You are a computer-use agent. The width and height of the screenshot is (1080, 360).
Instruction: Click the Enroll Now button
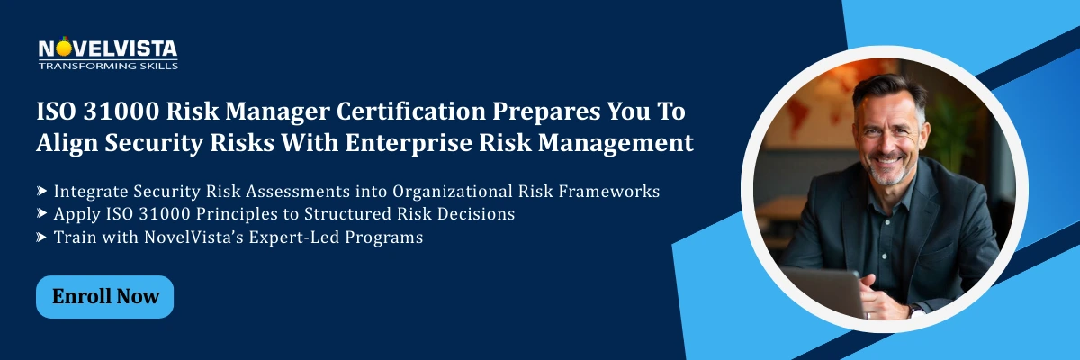[x=104, y=296]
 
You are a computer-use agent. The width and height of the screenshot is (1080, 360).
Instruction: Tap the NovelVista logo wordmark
[x=108, y=49]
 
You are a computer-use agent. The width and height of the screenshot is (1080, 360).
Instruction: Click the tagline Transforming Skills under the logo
[x=108, y=66]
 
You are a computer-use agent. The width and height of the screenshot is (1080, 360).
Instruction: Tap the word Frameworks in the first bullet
[x=611, y=191]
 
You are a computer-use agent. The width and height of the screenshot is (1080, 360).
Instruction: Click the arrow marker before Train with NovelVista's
[x=41, y=238]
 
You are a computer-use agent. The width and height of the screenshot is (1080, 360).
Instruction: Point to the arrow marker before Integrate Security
[x=41, y=192]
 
